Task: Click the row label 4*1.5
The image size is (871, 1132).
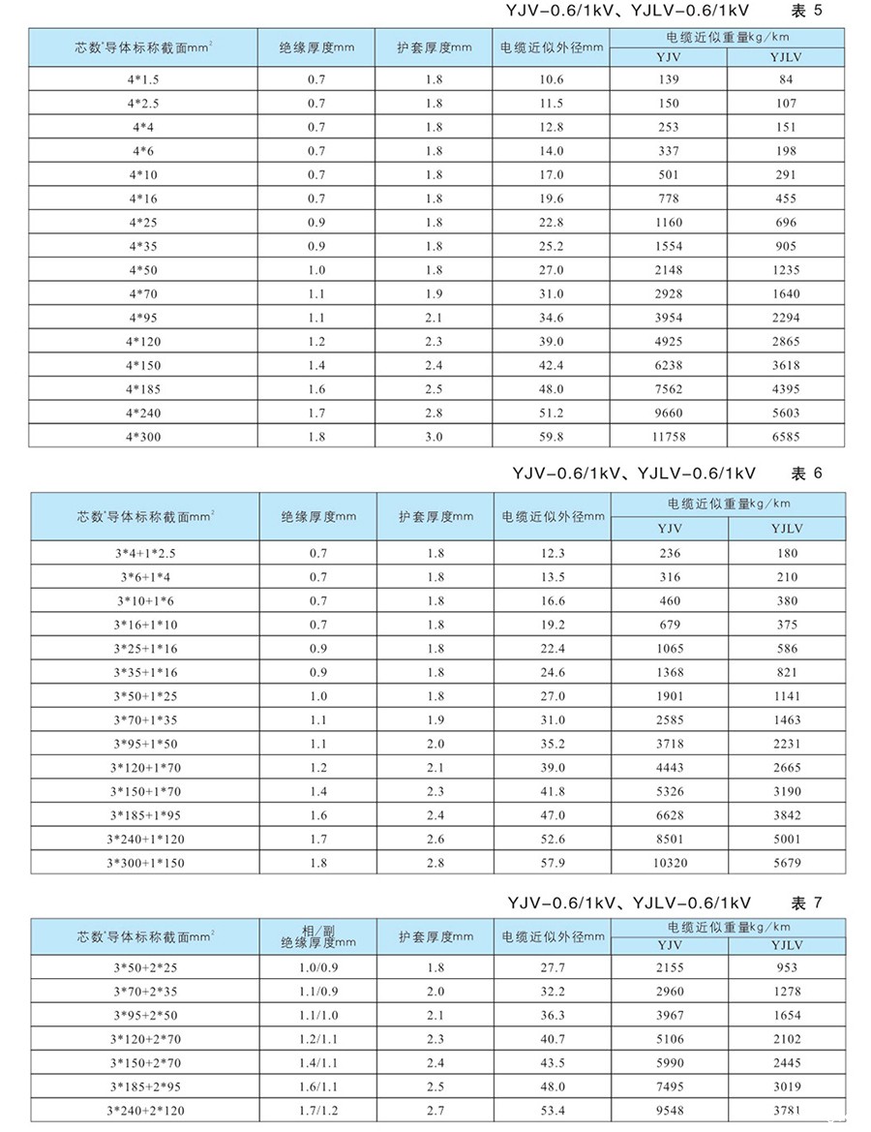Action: (143, 79)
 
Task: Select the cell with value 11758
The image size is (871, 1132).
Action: (669, 437)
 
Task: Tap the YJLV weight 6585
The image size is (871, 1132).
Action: (786, 437)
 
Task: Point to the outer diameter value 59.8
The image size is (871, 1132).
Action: (552, 437)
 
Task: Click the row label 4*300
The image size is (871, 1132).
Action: (143, 437)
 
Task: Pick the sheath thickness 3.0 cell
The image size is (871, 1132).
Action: (434, 437)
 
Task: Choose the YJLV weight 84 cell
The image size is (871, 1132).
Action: (786, 79)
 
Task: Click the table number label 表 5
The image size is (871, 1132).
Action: (805, 13)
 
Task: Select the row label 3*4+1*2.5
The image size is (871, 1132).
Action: (143, 553)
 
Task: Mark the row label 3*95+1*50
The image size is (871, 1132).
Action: (143, 744)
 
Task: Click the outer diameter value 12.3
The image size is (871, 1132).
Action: (552, 553)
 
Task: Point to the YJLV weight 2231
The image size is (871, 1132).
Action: (786, 744)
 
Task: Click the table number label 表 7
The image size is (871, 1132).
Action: (805, 903)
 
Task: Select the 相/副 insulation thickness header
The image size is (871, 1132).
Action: (318, 935)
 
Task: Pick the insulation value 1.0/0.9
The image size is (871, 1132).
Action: (318, 967)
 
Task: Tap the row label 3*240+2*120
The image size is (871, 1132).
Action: (143, 1110)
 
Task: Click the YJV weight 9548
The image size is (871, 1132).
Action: (669, 1110)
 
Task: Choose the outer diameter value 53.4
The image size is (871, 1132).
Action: (552, 1110)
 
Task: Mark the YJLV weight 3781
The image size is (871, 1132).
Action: (786, 1110)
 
